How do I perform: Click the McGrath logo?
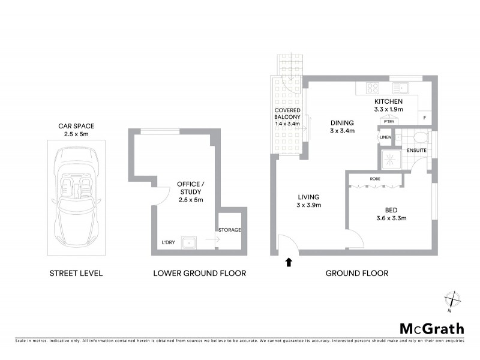tap(431, 328)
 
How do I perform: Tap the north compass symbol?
tap(452, 298)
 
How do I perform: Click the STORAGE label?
tap(229, 230)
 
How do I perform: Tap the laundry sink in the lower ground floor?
tap(190, 243)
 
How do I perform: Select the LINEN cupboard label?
tap(386, 138)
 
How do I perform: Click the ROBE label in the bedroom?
tap(376, 179)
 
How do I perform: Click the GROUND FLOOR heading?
tap(356, 273)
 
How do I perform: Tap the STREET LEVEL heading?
tap(76, 273)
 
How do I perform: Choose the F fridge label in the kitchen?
tap(425, 118)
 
